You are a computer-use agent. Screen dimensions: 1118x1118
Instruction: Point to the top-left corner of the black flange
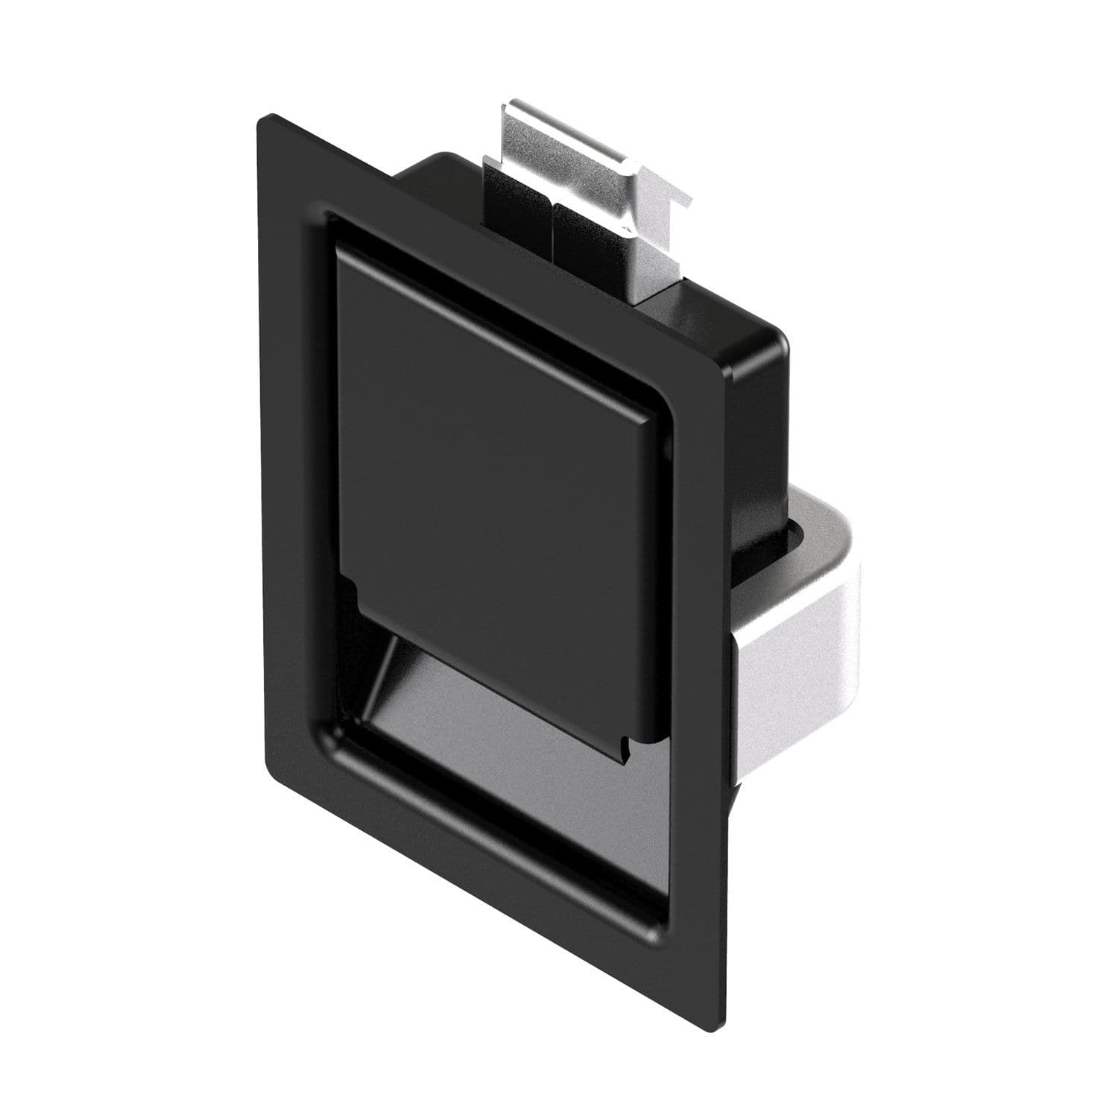click(261, 119)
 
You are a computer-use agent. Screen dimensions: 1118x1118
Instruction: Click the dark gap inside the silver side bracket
click(798, 537)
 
